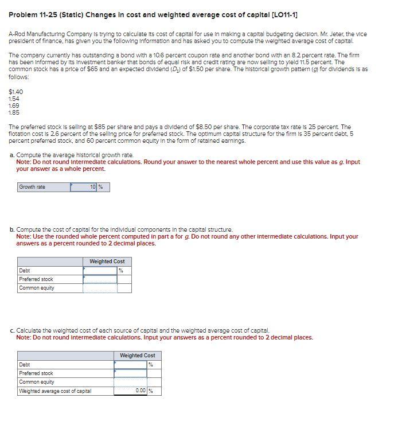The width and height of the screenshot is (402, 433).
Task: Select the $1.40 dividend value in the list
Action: (16, 92)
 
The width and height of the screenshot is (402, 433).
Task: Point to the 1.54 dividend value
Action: (15, 99)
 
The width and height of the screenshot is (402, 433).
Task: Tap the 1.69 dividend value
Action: (15, 106)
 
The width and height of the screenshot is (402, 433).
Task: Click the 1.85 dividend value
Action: (15, 112)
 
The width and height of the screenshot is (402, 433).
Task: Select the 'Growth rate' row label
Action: (32, 187)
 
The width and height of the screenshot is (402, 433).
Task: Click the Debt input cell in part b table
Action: (100, 271)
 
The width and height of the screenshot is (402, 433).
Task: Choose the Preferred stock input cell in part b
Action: (100, 279)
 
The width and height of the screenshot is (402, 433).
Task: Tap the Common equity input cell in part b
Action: (100, 288)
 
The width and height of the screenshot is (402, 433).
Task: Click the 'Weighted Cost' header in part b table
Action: (107, 262)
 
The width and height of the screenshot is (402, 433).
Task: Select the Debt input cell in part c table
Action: (130, 365)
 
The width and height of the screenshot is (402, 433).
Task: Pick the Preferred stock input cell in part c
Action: (130, 373)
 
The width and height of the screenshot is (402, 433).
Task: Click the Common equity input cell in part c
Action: (130, 382)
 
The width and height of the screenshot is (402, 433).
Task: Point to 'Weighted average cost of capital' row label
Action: (55, 391)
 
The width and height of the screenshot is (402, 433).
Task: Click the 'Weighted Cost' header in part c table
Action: (138, 356)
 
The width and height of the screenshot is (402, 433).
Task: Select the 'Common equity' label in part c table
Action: (37, 382)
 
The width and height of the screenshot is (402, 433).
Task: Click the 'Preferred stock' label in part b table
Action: (36, 279)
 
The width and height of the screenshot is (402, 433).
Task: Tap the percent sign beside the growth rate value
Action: (101, 187)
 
